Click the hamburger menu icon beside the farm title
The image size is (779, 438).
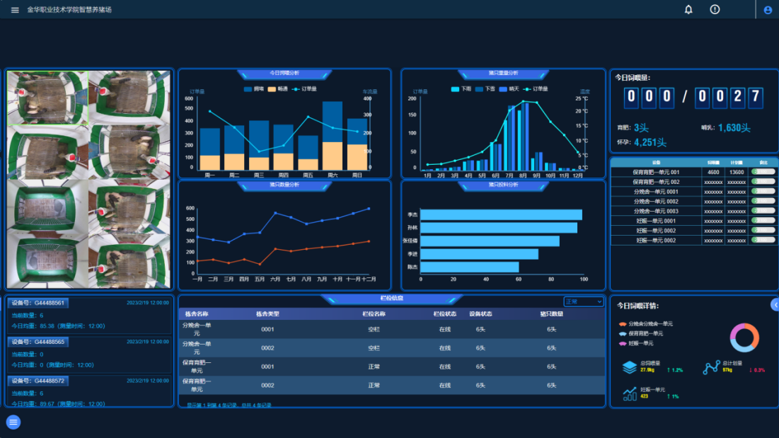(x=15, y=10)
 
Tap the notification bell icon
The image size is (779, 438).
(x=688, y=9)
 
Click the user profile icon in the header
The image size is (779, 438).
(x=768, y=10)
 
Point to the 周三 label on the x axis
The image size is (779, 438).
(x=259, y=175)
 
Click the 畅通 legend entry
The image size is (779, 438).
(x=277, y=89)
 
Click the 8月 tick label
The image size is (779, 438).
(x=524, y=175)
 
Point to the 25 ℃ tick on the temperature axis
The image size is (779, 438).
(x=582, y=98)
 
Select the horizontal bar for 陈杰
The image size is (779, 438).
(x=469, y=267)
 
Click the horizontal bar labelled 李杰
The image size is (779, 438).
(x=501, y=214)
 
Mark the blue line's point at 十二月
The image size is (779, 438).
(x=369, y=209)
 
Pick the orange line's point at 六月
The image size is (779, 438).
(x=275, y=249)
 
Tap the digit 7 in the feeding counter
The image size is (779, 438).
(x=755, y=97)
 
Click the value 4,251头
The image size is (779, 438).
(x=650, y=142)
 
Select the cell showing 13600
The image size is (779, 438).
(x=737, y=172)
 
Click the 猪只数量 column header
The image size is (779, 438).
(x=551, y=313)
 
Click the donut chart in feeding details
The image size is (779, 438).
(x=744, y=338)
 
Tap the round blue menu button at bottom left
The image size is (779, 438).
(x=13, y=422)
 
